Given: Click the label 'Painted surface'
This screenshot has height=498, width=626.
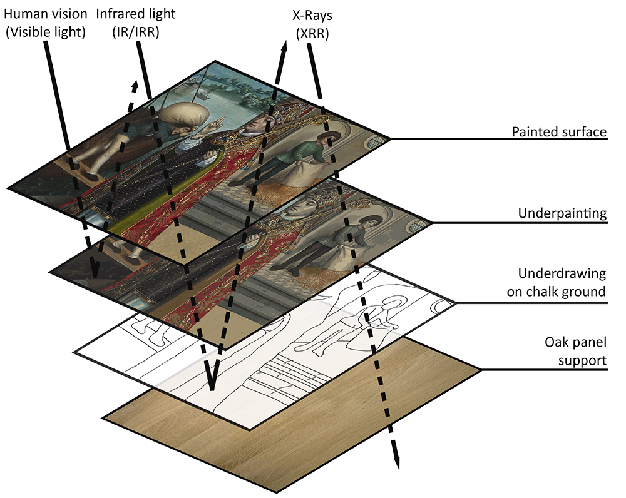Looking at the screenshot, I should [x=559, y=132].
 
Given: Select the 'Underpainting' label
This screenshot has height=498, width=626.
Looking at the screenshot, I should [x=563, y=213].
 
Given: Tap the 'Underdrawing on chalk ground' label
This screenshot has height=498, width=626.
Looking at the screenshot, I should [x=562, y=282].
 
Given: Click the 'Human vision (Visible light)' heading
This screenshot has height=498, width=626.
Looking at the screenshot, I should [x=44, y=23].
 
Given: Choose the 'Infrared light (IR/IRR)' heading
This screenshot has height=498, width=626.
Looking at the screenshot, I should [x=136, y=23].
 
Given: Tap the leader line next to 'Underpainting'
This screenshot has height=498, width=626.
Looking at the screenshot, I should [x=469, y=222].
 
